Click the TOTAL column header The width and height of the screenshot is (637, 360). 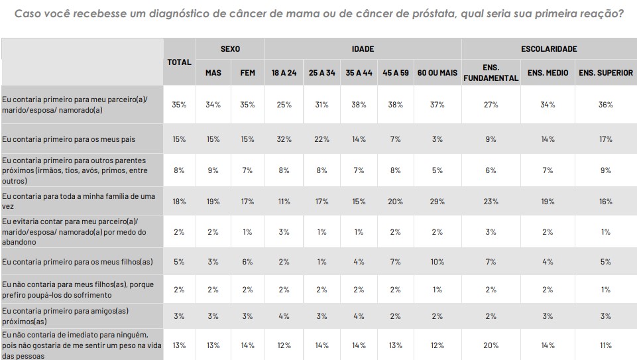(x=179, y=62)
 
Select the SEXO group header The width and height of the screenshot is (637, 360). (x=230, y=49)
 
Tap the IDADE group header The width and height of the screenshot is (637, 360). (x=363, y=49)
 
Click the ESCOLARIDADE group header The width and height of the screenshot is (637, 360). (x=549, y=49)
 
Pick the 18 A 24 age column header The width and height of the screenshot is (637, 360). (x=284, y=73)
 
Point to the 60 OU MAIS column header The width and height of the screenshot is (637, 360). (x=437, y=73)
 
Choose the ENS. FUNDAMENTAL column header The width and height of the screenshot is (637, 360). (x=491, y=73)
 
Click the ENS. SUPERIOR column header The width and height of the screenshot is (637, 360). (x=605, y=73)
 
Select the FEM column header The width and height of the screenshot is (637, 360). (x=247, y=73)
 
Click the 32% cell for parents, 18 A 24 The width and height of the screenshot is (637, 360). (x=284, y=139)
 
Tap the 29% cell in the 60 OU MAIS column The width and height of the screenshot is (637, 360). (x=437, y=202)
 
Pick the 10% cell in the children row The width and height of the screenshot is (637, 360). (x=437, y=261)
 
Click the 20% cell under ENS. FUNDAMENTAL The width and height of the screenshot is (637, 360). (x=491, y=345)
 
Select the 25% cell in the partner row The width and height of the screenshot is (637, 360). (x=284, y=105)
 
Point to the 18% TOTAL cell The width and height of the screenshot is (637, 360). (x=179, y=202)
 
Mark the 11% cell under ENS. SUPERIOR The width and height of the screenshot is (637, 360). (x=605, y=345)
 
